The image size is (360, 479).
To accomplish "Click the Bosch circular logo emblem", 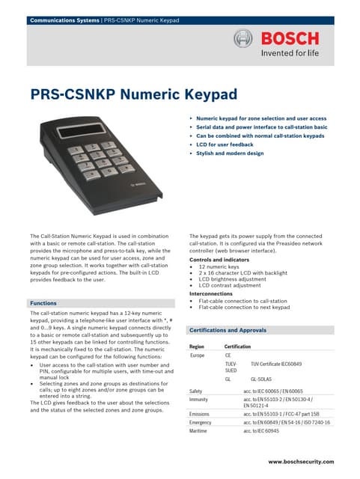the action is tap(245, 39).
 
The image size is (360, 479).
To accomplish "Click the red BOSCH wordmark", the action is tap(290, 38).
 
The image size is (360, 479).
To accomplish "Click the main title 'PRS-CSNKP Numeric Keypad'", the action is tap(133, 95).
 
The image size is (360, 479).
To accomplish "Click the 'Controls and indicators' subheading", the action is tap(216, 259).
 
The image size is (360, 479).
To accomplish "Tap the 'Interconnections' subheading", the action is tap(210, 294).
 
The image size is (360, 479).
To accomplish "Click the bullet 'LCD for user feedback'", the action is tap(229, 144).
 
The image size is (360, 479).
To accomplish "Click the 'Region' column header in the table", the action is tap(197, 347).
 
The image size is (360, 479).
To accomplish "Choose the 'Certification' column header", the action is tap(238, 347).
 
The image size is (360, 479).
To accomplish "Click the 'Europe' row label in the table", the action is tap(198, 356).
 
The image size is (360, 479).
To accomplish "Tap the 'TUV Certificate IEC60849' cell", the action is tap(281, 364).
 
